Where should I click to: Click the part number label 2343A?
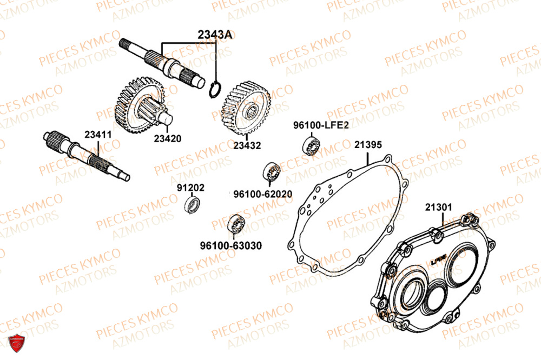point(215,35)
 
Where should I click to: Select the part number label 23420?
point(167,138)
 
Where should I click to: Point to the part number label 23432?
point(247,145)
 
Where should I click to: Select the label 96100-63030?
point(230,245)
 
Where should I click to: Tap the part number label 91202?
point(190,188)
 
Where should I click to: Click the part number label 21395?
point(368,145)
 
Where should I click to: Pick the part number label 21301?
point(439,206)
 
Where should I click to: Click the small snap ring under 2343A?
point(215,90)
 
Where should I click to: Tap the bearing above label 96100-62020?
point(272,172)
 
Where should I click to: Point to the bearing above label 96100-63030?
point(235,223)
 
